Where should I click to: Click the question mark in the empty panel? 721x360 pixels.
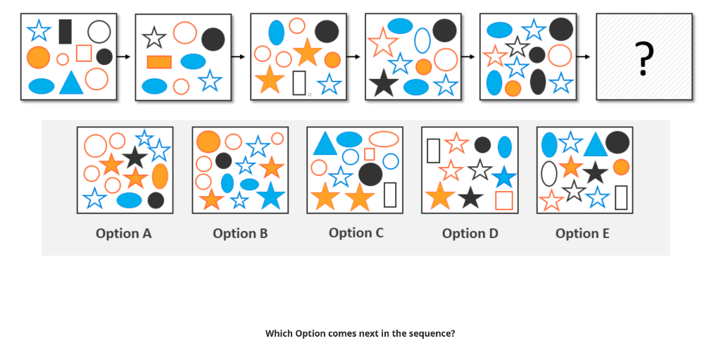pyautogui.click(x=643, y=58)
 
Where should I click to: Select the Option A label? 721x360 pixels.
pyautogui.click(x=123, y=233)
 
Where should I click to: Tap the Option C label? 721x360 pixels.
pyautogui.click(x=356, y=232)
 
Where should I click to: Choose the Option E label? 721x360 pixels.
pyautogui.click(x=582, y=233)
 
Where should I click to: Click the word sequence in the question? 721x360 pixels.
pyautogui.click(x=431, y=333)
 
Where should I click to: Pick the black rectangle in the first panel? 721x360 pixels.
pyautogui.click(x=65, y=32)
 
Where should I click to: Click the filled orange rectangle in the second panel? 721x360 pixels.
pyautogui.click(x=159, y=62)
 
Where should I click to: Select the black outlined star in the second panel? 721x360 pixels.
pyautogui.click(x=153, y=37)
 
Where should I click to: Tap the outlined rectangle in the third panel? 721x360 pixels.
pyautogui.click(x=299, y=82)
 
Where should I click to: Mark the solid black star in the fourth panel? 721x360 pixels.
pyautogui.click(x=383, y=84)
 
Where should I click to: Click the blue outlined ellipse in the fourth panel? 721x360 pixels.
pyautogui.click(x=422, y=41)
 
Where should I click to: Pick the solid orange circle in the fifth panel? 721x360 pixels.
pyautogui.click(x=513, y=88)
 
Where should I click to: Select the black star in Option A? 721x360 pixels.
pyautogui.click(x=134, y=156)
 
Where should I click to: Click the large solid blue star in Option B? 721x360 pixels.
pyautogui.click(x=270, y=196)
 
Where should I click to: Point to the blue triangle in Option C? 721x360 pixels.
pyautogui.click(x=324, y=144)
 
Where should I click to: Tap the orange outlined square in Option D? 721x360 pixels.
pyautogui.click(x=503, y=200)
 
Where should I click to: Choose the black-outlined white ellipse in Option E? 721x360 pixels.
pyautogui.click(x=548, y=173)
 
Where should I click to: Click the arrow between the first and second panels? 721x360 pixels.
pyautogui.click(x=125, y=56)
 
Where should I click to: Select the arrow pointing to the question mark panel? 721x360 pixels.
pyautogui.click(x=585, y=56)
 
